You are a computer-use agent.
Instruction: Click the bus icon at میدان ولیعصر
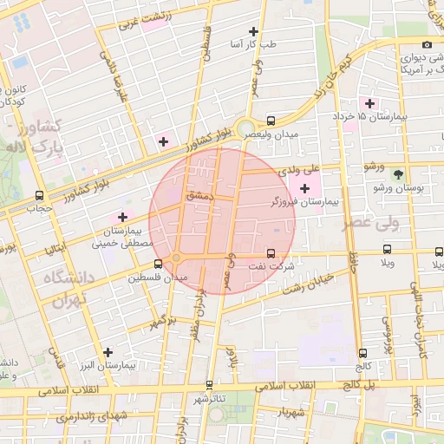(271, 121)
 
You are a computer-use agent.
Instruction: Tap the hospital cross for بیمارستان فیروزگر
(304, 188)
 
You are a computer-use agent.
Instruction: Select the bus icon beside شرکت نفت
(271, 253)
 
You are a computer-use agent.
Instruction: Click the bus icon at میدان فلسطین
(158, 264)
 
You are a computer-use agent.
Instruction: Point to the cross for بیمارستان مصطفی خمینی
(122, 217)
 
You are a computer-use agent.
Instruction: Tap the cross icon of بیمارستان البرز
(108, 352)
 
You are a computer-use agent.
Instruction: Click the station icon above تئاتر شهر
(209, 384)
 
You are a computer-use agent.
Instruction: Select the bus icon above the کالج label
(362, 353)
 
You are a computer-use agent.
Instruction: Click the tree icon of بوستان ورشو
(398, 174)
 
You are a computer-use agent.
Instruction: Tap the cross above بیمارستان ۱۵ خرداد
(370, 103)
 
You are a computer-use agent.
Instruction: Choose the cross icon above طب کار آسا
(253, 31)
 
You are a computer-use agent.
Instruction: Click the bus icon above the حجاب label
(39, 196)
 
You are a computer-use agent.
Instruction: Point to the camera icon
(426, 45)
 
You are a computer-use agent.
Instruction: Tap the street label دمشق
(199, 196)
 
